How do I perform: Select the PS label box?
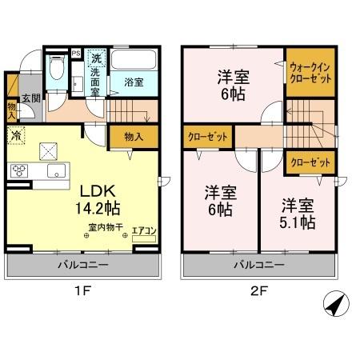pos(76,54)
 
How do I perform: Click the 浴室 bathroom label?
pos(133,82)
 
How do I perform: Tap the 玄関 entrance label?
pos(30,98)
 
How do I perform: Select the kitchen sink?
pos(55,171)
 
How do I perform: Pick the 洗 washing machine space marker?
pos(95,58)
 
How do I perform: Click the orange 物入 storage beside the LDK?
pos(134,137)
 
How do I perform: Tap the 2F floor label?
pos(258,291)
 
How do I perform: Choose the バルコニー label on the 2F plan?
pos(258,263)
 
